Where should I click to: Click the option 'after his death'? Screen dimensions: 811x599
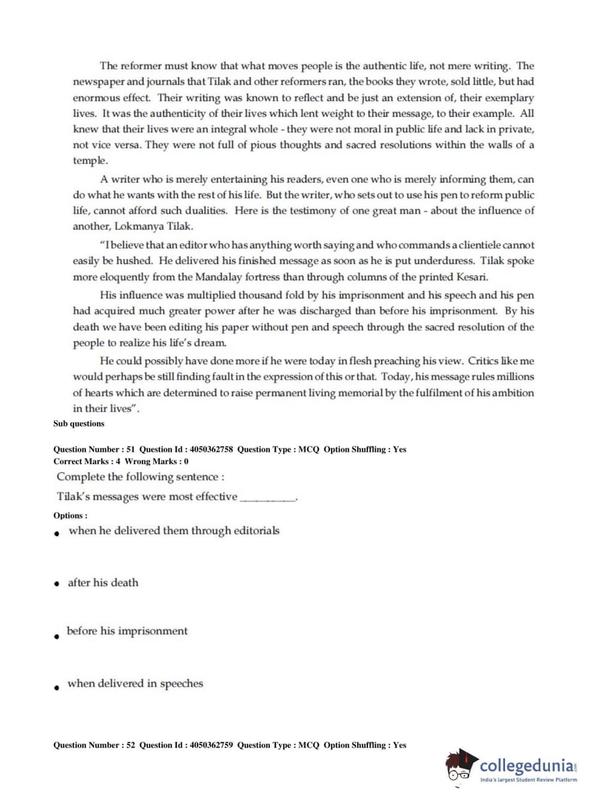tap(103, 583)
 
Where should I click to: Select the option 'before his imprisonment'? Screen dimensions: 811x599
tap(127, 631)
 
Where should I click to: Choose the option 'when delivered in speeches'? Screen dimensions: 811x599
tap(135, 684)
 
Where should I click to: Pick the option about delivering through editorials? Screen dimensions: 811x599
tap(174, 530)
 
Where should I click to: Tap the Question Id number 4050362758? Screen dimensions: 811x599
tap(211, 450)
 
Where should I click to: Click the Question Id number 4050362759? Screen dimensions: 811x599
tap(211, 745)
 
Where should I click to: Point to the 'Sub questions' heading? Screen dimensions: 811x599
tap(78, 424)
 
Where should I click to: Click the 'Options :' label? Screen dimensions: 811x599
tap(70, 516)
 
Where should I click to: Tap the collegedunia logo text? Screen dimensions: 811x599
tap(527, 766)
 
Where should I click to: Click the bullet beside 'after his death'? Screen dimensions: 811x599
tap(56, 584)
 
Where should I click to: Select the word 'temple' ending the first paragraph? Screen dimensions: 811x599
tap(89, 161)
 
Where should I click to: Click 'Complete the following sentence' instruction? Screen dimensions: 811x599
tap(140, 477)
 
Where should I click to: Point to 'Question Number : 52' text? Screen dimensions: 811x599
tap(94, 745)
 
